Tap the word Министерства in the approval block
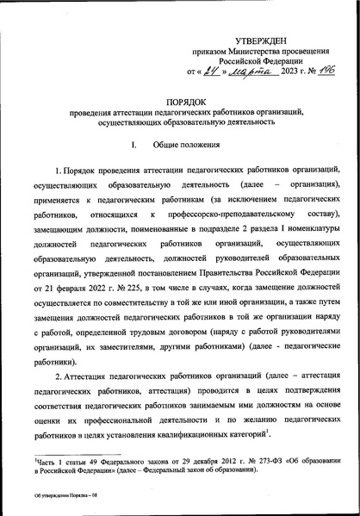tap(262, 53)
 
